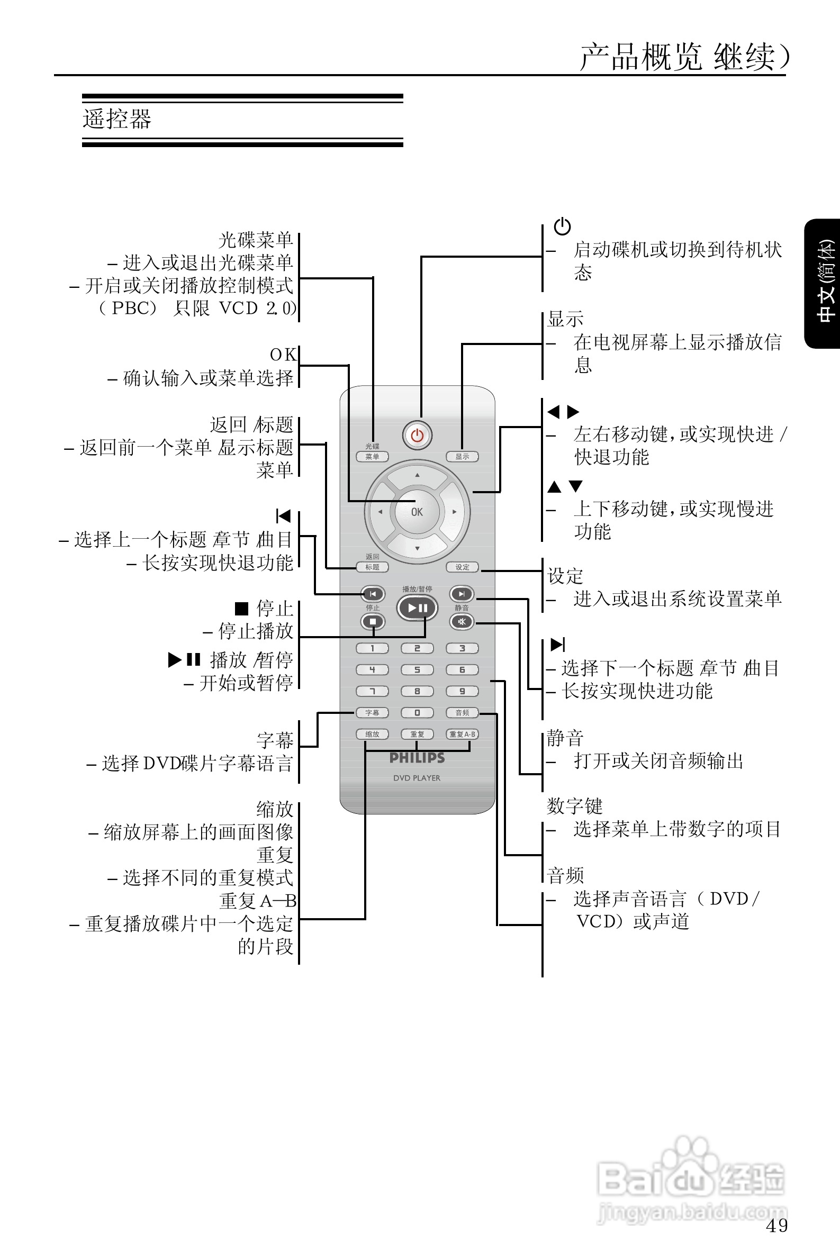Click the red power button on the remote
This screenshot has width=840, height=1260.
click(417, 436)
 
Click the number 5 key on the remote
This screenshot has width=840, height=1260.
click(417, 670)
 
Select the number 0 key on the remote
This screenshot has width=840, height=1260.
click(417, 713)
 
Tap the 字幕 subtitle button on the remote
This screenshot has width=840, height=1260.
click(372, 713)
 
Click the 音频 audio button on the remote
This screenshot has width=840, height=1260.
click(462, 713)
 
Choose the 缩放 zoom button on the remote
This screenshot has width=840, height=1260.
click(372, 734)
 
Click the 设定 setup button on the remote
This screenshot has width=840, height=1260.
click(462, 567)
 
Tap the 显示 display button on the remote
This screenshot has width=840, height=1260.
click(462, 457)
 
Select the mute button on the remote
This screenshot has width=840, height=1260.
click(462, 622)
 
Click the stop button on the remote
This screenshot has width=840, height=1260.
click(373, 622)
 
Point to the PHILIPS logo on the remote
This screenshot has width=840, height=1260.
click(417, 758)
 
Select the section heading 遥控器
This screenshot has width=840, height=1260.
click(118, 119)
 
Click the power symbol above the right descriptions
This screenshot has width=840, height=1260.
click(562, 226)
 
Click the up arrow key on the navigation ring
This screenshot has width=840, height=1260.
click(417, 476)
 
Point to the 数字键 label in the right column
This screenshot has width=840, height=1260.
click(574, 806)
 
